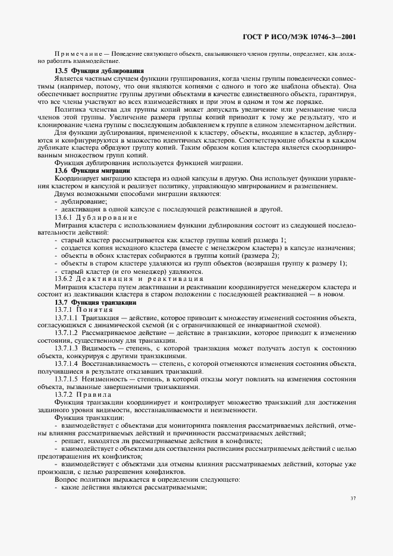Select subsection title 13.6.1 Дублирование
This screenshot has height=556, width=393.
[x=92, y=217]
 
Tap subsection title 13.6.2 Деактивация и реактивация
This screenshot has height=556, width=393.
[x=128, y=278]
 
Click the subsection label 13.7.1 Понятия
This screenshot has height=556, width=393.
[x=80, y=310]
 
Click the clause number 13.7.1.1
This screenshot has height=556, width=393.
[x=66, y=318]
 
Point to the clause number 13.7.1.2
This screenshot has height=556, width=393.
[x=66, y=333]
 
